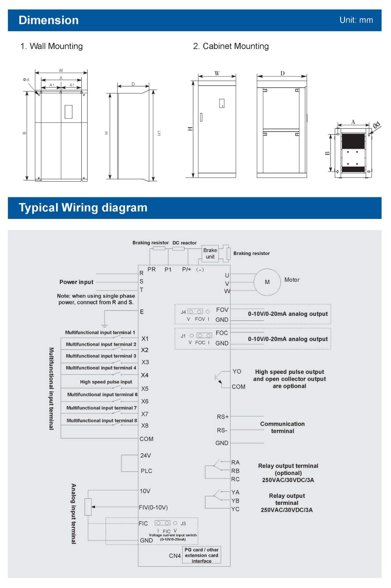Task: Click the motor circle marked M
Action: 267,282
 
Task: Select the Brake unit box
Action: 210,253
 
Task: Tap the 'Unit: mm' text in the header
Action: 356,20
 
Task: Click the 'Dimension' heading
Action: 49,20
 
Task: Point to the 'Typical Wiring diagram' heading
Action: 83,208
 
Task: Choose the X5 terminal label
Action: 145,389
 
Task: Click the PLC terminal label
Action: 146,471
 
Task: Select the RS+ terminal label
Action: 223,417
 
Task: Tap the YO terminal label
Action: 237,372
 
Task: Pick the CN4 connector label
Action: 175,556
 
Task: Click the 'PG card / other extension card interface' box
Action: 201,555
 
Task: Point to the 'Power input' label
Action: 76,282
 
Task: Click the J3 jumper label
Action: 183,524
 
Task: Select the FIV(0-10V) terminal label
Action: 153,508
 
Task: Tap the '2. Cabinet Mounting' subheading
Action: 231,46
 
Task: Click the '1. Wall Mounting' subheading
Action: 52,46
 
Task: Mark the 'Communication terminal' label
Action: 282,427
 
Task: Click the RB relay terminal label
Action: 236,471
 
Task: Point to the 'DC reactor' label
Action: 184,243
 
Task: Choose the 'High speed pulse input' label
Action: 106,382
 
